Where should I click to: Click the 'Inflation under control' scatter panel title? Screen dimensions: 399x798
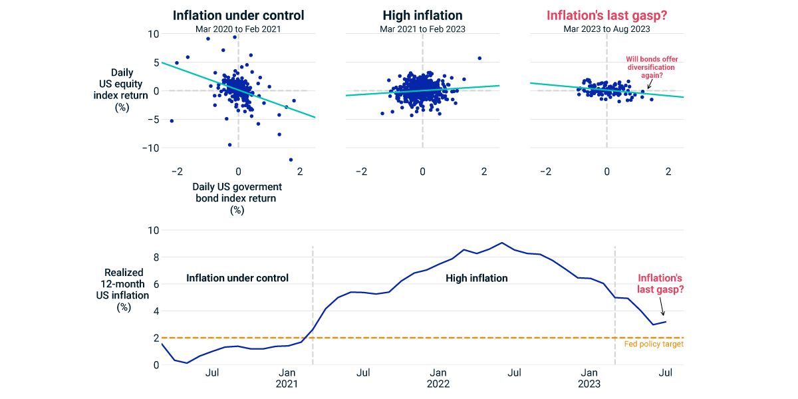238,15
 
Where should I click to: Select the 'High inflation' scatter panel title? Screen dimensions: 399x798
422,15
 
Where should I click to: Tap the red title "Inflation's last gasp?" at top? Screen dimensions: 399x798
606,15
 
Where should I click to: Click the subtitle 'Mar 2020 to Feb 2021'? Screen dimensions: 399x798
238,29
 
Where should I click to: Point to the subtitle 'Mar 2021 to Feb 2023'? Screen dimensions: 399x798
422,29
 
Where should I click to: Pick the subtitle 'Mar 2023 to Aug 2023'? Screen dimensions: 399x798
606,29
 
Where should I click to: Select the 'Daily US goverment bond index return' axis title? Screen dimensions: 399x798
237,192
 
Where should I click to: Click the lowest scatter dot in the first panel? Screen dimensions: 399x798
291,160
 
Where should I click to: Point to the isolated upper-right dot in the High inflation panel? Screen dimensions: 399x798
479,58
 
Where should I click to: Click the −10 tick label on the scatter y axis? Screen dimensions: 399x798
150,148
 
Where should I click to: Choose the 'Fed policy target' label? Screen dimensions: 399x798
654,344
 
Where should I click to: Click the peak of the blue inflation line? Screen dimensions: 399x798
502,243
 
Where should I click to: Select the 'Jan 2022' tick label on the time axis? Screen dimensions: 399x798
438,378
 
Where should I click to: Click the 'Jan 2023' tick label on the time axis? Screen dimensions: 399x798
589,378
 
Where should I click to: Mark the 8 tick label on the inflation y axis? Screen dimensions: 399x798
156,257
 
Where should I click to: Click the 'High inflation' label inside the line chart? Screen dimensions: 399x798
476,278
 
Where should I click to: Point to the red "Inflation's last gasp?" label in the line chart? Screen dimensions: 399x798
660,284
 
